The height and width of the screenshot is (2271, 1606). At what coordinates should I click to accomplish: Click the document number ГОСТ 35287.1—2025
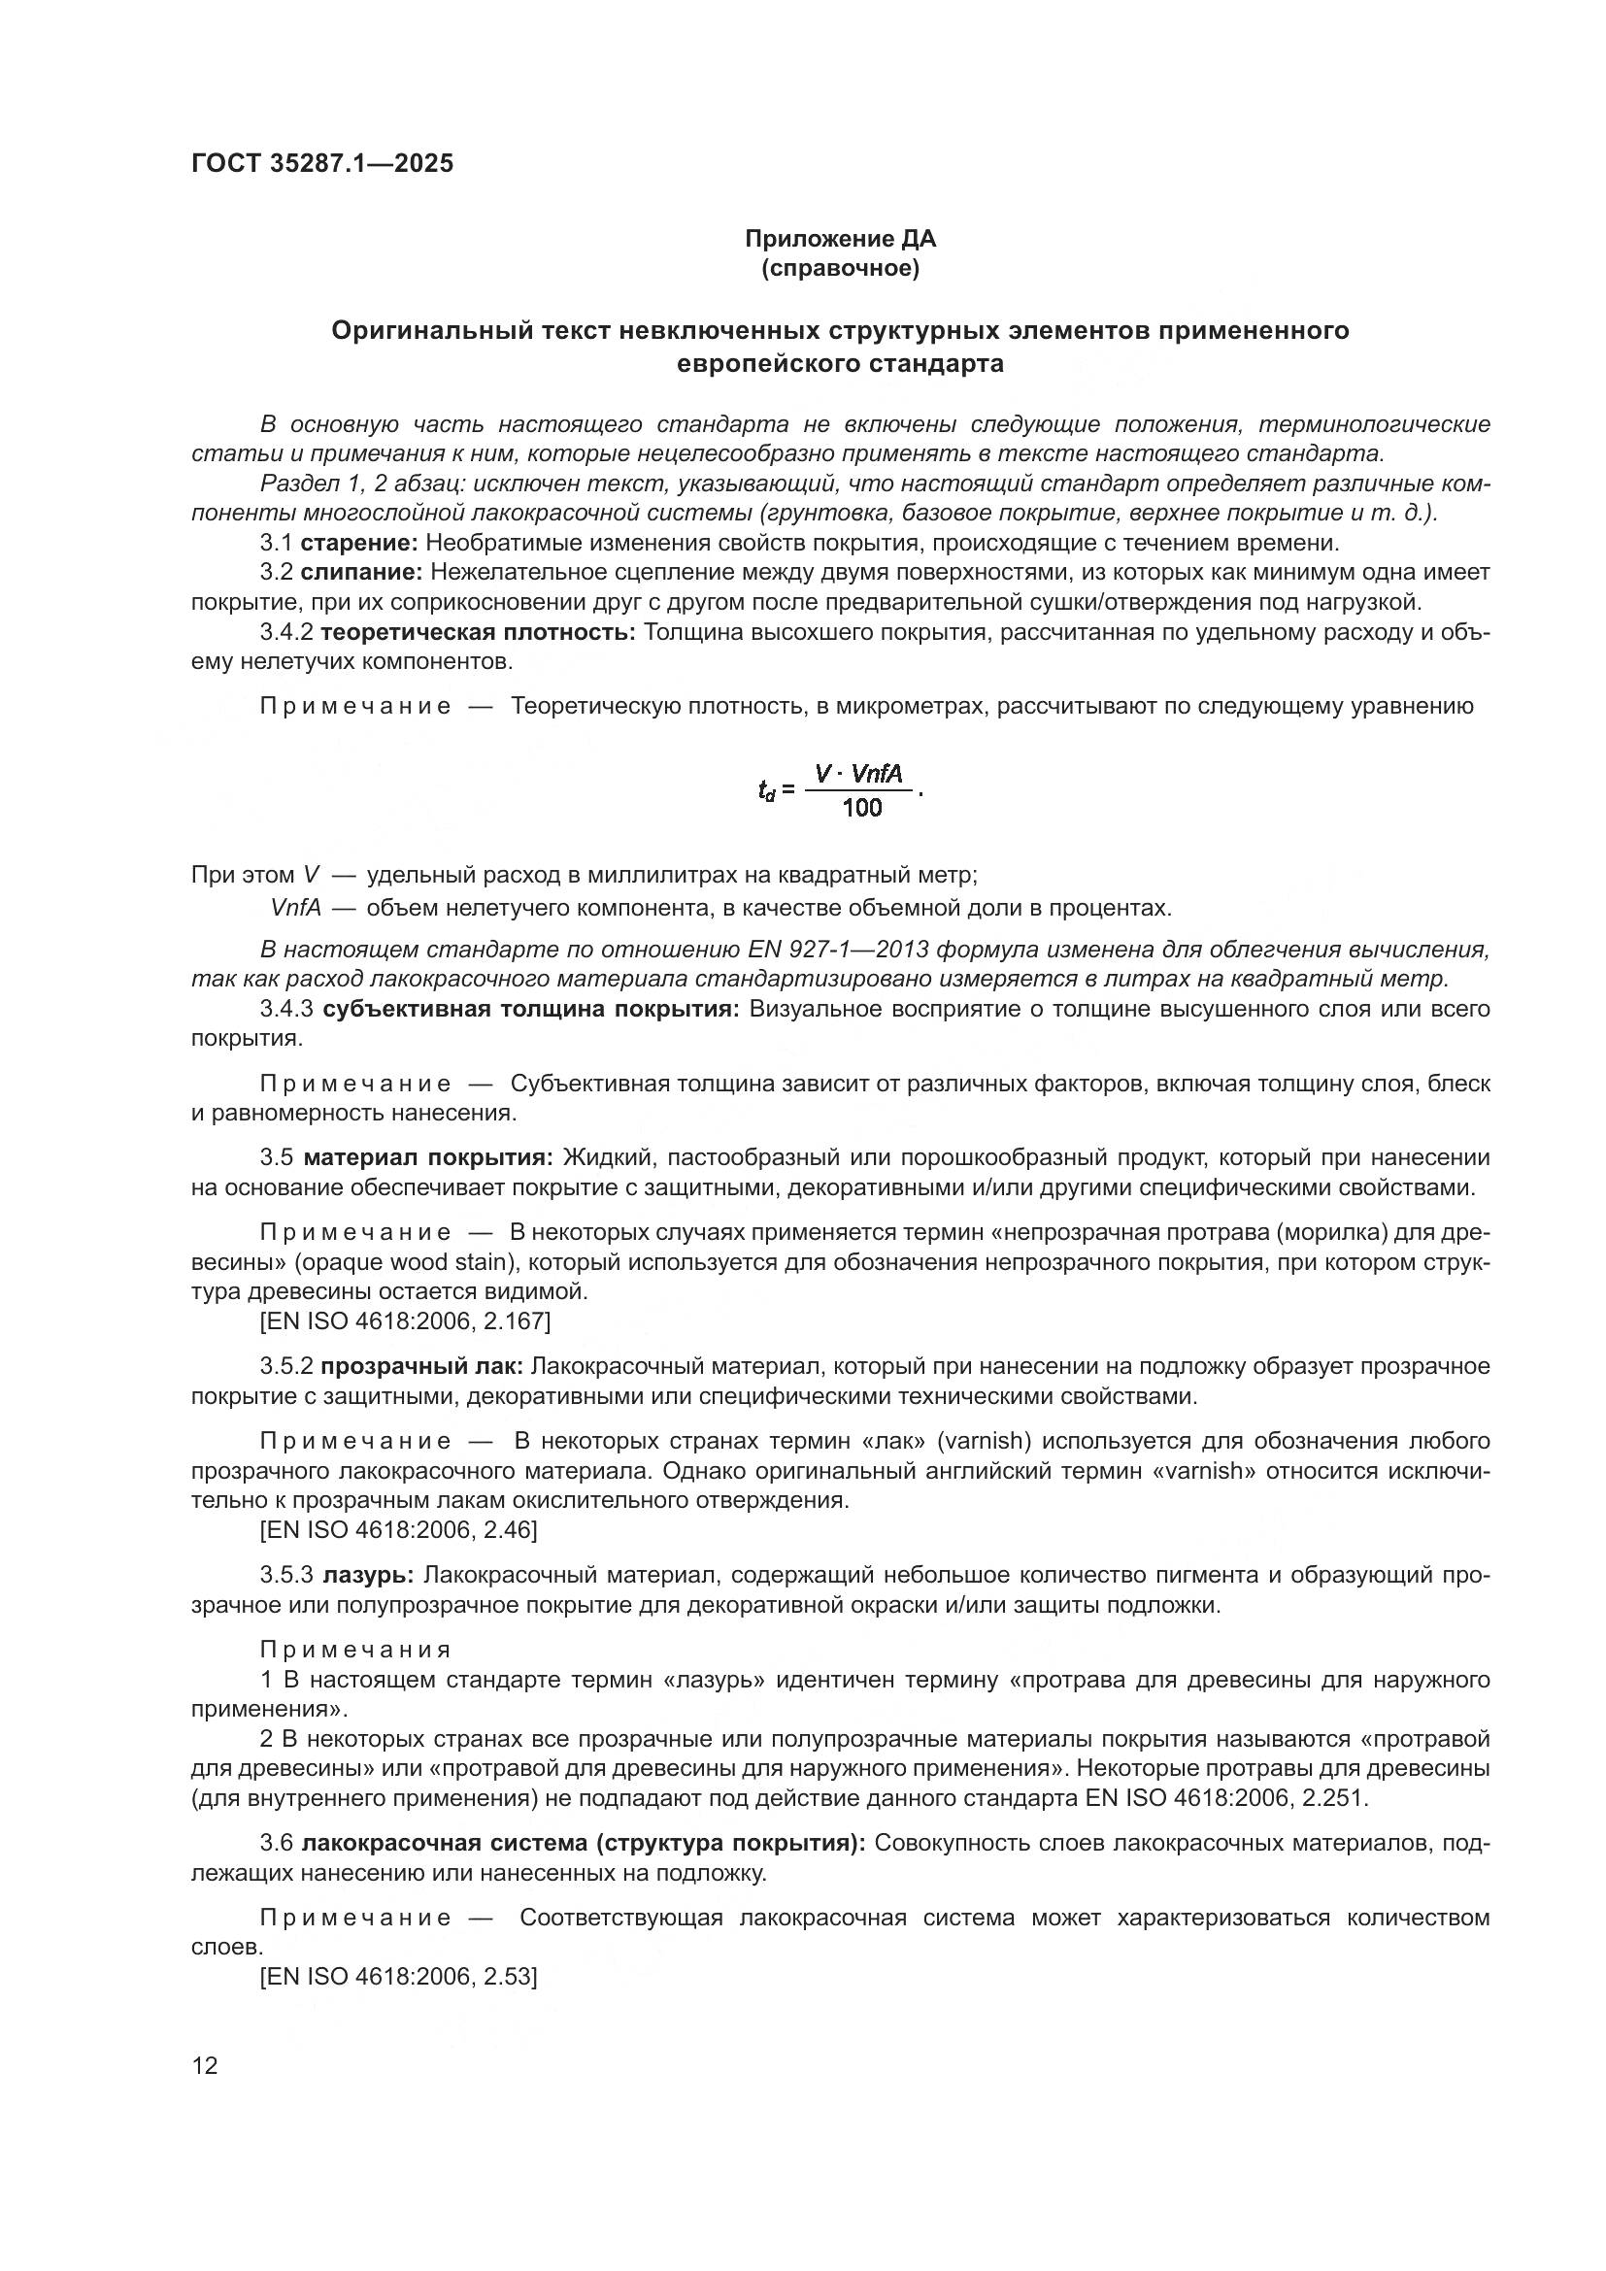point(322,164)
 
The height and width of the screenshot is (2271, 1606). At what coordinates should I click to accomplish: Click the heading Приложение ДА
point(840,240)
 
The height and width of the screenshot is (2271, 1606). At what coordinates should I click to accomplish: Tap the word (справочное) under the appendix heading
point(840,269)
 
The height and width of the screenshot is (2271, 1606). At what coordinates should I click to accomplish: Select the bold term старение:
point(359,543)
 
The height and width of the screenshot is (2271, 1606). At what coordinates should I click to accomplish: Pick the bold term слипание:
point(362,573)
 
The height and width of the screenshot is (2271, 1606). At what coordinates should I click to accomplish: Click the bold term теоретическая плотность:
point(479,632)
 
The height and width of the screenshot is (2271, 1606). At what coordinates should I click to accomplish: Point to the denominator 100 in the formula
point(862,809)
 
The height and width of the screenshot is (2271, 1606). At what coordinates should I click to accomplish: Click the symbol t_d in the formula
point(766,791)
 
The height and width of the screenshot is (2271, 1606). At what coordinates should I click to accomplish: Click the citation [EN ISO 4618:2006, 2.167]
point(405,1321)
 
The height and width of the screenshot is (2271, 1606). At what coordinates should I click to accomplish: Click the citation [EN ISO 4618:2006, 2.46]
point(397,1530)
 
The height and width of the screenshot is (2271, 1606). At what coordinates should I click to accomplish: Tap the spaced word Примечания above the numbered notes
point(356,1650)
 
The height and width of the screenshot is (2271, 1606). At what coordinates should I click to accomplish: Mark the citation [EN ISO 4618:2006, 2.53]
point(397,1977)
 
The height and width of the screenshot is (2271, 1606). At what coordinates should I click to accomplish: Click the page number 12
point(205,2066)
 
